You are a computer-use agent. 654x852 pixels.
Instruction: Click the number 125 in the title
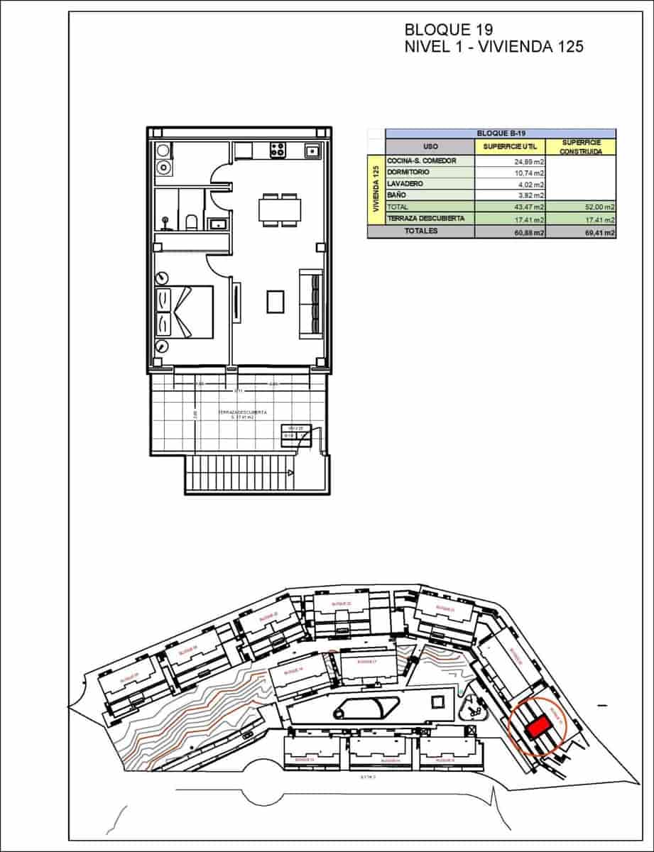pos(565,47)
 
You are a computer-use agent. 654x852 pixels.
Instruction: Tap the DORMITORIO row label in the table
pos(410,173)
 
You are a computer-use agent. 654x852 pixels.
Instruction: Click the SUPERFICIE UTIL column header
pos(510,146)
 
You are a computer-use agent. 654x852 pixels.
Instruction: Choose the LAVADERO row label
pos(405,184)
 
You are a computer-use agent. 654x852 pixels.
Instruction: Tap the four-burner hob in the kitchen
pos(277,151)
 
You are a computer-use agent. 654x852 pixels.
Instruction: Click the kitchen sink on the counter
pos(312,151)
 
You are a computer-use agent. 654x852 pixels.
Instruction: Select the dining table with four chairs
pos(279,210)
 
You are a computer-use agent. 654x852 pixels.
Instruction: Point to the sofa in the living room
pos(310,302)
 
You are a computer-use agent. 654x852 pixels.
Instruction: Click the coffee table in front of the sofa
pos(276,302)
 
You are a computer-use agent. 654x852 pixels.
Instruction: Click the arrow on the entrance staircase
pos(290,471)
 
